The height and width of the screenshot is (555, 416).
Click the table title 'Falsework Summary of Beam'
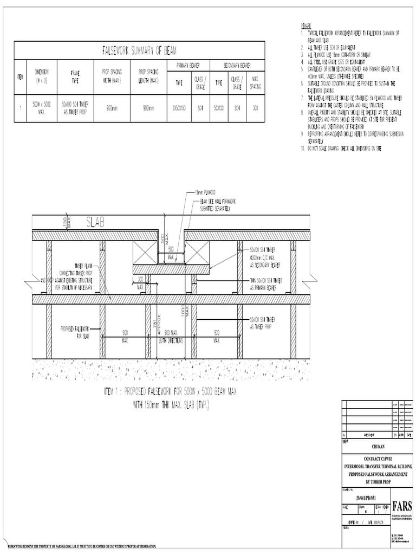pos(139,50)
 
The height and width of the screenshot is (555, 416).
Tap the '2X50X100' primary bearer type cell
pos(179,107)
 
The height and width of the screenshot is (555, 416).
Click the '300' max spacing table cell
pos(255,107)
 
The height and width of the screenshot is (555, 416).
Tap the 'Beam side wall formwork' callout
pos(216,204)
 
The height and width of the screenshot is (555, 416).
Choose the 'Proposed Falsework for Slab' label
pos(75,332)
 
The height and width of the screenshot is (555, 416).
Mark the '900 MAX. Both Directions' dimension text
pos(171,337)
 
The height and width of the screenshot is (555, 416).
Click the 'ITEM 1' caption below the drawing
pos(171,392)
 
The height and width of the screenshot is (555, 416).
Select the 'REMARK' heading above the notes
pos(307,27)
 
